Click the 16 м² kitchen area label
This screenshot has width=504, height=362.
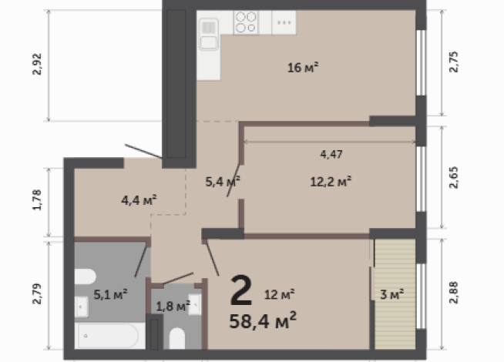(303, 68)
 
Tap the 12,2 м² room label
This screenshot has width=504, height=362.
(331, 182)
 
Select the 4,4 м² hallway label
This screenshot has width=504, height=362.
(139, 200)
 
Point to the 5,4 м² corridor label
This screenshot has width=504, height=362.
(223, 182)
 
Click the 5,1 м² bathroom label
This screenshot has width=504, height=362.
(110, 294)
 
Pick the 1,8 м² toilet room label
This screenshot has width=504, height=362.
(173, 306)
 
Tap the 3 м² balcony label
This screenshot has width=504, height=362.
(391, 294)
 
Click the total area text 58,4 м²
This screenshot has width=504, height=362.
(263, 320)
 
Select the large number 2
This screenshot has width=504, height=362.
(240, 290)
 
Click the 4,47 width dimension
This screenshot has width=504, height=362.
(331, 155)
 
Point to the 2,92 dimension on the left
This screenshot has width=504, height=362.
(37, 64)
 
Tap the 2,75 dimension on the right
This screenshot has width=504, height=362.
(454, 62)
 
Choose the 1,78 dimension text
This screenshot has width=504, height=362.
(37, 199)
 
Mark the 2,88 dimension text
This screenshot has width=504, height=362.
(454, 293)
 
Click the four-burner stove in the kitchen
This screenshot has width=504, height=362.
(246, 22)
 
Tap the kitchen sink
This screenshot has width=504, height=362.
(209, 35)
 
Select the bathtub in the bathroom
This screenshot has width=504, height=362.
(109, 336)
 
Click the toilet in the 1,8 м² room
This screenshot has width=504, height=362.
(177, 339)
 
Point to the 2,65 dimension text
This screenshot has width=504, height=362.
(454, 177)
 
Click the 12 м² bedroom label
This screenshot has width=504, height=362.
(279, 294)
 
